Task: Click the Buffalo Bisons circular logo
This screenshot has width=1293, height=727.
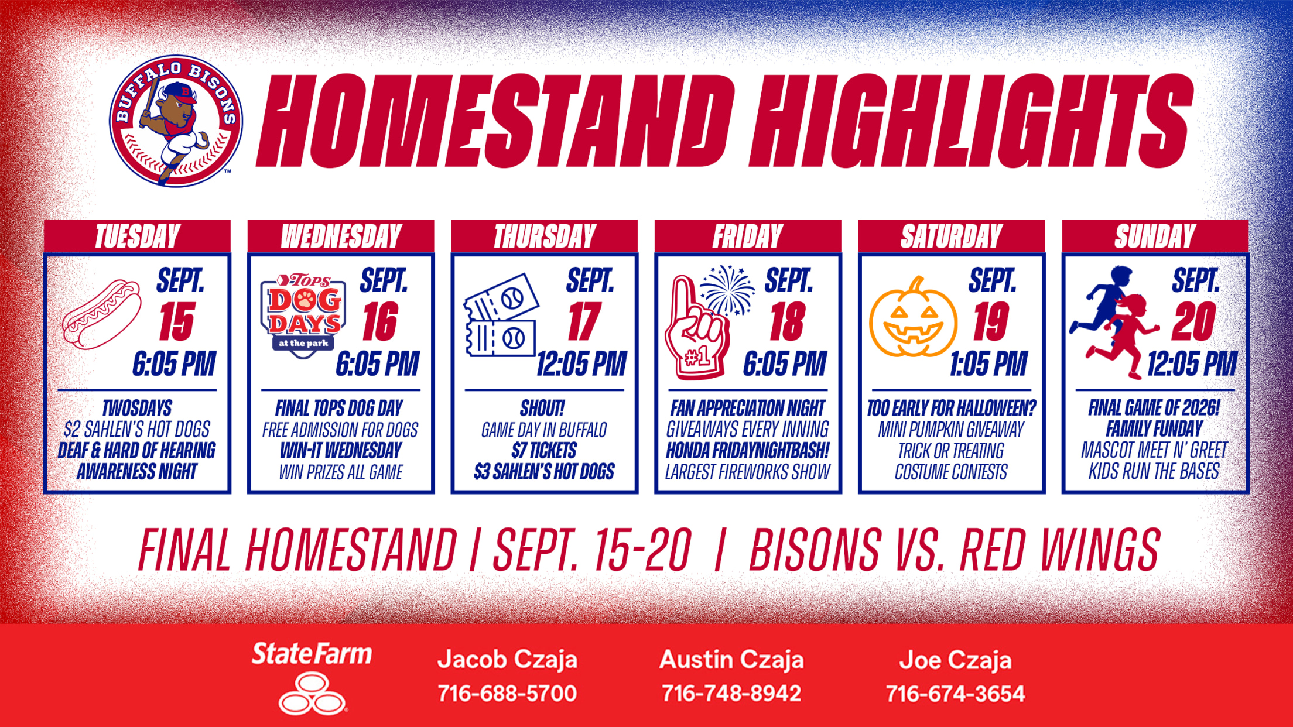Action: (x=176, y=121)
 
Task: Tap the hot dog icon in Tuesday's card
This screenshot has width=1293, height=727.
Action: (x=102, y=314)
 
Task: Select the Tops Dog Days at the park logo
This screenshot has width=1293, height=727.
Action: (x=303, y=316)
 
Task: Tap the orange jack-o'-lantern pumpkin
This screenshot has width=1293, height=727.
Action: (x=913, y=318)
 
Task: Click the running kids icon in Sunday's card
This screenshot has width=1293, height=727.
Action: (x=1114, y=322)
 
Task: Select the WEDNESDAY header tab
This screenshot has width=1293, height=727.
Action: (x=341, y=236)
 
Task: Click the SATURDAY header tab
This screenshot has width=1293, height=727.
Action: (x=952, y=236)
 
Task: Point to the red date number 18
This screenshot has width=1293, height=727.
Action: (x=787, y=322)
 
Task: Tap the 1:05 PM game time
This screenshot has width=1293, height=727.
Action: (x=988, y=364)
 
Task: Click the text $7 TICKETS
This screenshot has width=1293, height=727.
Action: (x=544, y=451)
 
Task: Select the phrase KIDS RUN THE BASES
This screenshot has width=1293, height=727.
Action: (x=1154, y=471)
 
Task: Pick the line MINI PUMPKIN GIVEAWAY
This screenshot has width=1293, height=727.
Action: (x=951, y=430)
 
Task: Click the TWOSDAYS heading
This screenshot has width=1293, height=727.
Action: (x=137, y=408)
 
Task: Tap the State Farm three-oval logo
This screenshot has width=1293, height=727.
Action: (x=312, y=694)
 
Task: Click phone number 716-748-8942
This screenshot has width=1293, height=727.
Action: (x=731, y=694)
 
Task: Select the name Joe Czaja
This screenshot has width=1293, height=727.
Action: (x=956, y=660)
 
